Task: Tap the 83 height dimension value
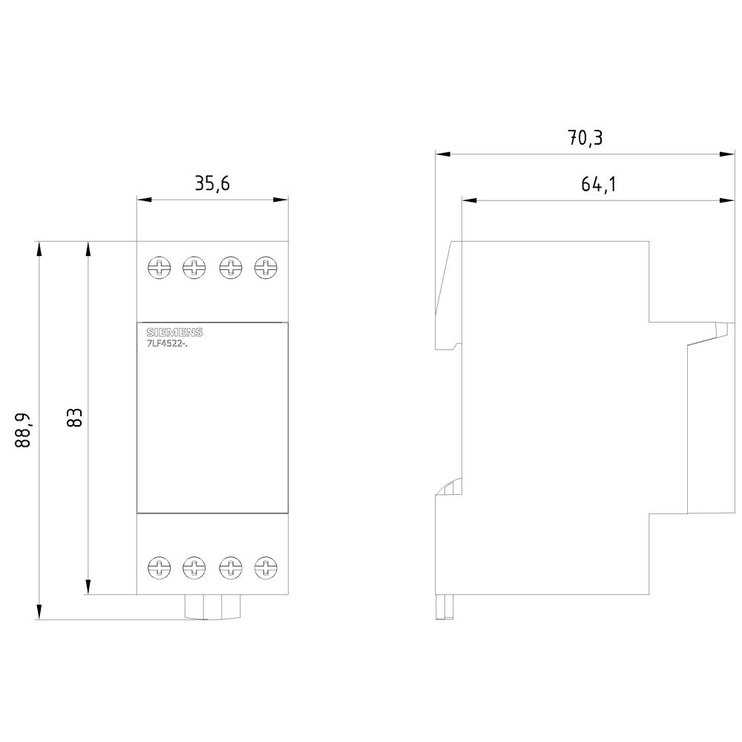73,417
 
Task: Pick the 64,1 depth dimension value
598,184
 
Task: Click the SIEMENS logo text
174,332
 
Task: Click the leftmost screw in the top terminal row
158,266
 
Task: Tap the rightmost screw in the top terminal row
265,266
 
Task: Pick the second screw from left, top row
194,266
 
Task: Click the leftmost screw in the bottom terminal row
158,569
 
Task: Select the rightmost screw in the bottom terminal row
265,569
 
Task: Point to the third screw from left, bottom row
230,569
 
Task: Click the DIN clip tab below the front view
211,606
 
